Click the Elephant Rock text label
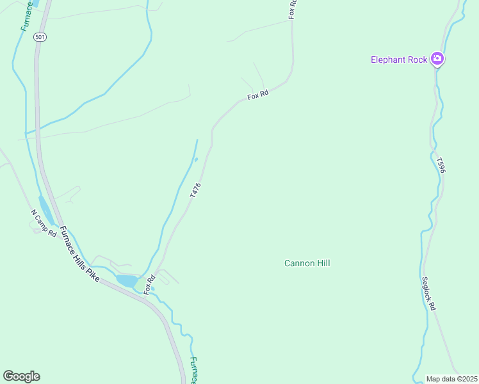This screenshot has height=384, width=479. click(398, 60)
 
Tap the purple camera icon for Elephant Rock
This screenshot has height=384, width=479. click(438, 60)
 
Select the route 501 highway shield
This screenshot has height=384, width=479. click(40, 37)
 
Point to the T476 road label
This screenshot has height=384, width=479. click(196, 190)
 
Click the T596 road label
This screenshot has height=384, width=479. click(441, 165)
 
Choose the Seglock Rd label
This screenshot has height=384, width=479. click(428, 293)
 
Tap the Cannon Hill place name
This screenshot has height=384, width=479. click(307, 263)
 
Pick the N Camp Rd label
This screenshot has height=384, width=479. click(44, 222)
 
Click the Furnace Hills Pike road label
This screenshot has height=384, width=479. click(80, 255)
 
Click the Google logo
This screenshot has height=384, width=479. click(21, 376)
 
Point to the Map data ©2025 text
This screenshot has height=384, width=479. click(452, 379)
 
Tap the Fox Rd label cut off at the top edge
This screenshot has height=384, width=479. click(292, 9)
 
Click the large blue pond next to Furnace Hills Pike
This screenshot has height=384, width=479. click(127, 280)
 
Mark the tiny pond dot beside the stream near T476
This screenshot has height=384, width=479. click(196, 159)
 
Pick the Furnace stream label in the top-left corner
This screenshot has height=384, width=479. click(26, 15)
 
